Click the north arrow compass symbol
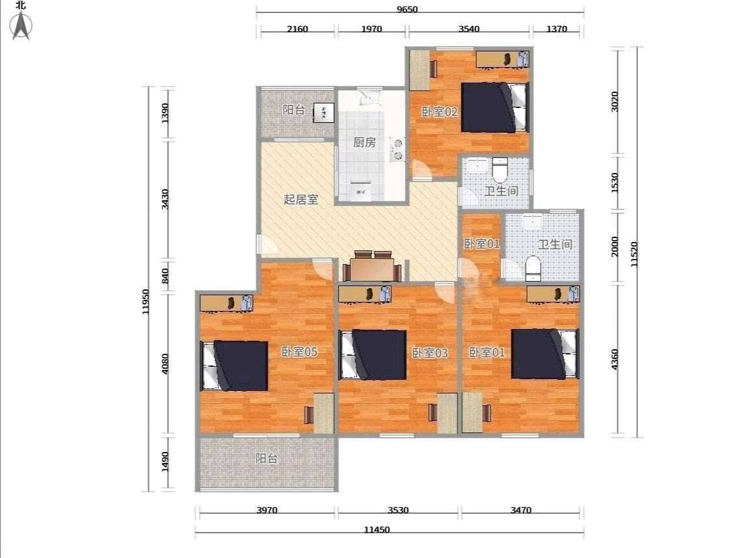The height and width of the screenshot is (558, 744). click(21, 25)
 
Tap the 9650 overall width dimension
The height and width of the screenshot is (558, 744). click(407, 9)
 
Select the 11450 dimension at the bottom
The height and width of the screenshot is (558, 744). click(377, 529)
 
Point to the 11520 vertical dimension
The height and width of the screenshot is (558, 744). click(634, 254)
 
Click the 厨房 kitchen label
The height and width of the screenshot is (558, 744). click(365, 142)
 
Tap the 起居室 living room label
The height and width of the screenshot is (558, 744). click(301, 200)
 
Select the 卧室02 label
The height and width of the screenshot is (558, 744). click(440, 112)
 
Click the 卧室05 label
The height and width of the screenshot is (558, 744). click(299, 352)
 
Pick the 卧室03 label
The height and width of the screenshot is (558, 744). click(430, 353)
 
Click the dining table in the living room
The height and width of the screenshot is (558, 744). click(372, 267)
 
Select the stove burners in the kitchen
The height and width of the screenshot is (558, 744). click(396, 149)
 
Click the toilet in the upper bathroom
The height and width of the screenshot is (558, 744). click(500, 170)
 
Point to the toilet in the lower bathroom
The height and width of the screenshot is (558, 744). click(533, 269)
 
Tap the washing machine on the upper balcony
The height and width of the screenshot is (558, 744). click(324, 113)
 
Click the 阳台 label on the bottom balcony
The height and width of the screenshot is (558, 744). click(266, 458)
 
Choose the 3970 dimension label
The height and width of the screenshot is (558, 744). click(267, 510)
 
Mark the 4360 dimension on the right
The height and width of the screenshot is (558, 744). click(615, 360)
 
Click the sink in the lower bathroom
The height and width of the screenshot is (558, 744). click(532, 222)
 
